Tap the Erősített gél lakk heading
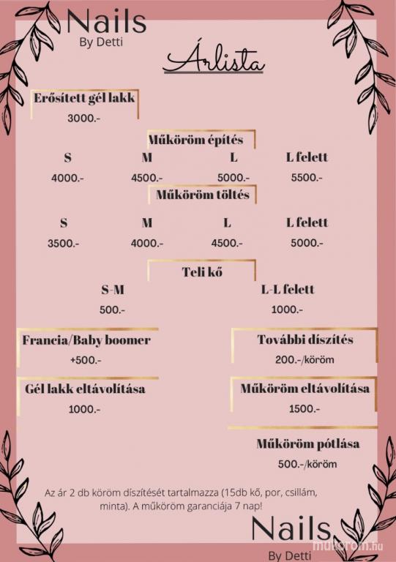[x=84, y=98]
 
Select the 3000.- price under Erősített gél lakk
[x=84, y=119]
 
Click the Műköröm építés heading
[x=195, y=140]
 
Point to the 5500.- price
[x=307, y=177]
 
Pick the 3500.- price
[x=64, y=244]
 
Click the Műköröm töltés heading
[x=203, y=195]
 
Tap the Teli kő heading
[x=202, y=272]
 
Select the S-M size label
[x=113, y=290]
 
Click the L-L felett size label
[x=288, y=289]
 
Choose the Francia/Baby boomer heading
[x=86, y=340]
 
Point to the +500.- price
[x=86, y=360]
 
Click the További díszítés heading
[x=305, y=340]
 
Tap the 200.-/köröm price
[x=305, y=359]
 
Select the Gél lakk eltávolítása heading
[x=85, y=389]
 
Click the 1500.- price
[x=305, y=408]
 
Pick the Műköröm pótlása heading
[x=308, y=443]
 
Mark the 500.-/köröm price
[x=307, y=464]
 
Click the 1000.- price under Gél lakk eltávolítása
[x=85, y=409]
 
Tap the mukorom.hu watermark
[x=348, y=545]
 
